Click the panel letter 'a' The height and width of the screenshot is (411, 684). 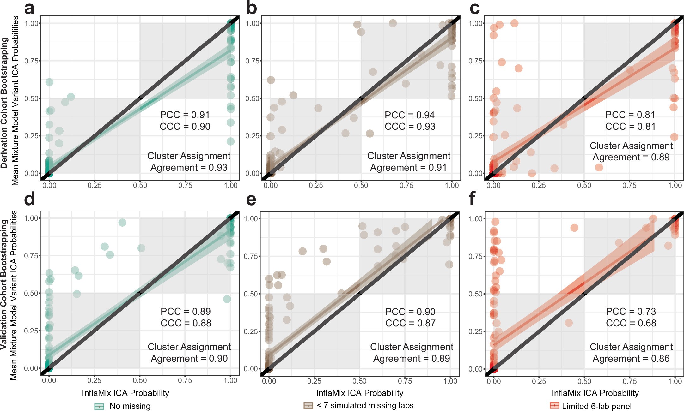[29, 9]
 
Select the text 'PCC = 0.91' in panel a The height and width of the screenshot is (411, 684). [185, 115]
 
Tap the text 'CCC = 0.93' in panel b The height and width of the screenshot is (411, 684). [410, 127]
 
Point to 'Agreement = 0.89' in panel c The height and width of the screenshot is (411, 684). [631, 157]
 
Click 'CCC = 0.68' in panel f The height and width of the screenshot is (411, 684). [631, 323]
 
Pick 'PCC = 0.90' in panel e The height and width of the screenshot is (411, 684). [410, 312]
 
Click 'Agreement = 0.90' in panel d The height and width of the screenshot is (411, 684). [189, 359]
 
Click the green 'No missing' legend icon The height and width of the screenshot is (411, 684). [99, 406]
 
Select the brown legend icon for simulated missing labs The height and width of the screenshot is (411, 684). [308, 406]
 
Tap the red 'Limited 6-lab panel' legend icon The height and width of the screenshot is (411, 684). [554, 406]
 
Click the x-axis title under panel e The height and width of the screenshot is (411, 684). [360, 393]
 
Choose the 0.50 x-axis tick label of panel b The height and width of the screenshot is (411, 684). [361, 185]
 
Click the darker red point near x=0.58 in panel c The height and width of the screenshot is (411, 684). [599, 167]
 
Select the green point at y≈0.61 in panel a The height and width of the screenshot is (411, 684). [49, 82]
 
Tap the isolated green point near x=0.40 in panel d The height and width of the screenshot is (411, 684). [122, 223]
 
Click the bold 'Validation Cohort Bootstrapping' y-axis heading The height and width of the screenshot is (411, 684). [4, 284]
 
